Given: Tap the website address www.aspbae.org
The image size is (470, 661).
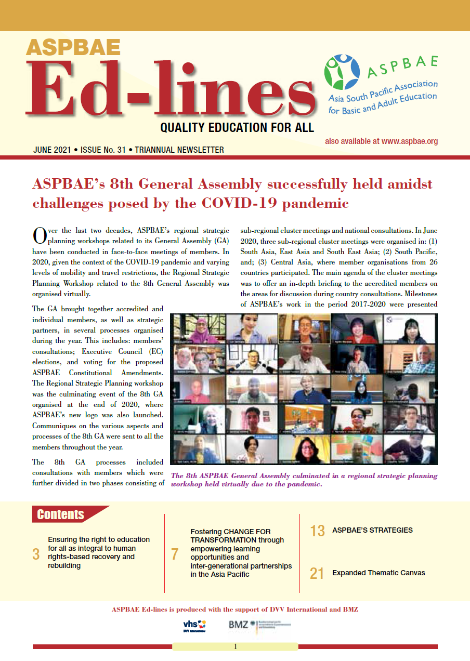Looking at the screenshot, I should [410, 141].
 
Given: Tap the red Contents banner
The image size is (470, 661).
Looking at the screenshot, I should [61, 514].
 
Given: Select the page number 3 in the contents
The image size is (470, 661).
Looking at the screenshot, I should [36, 554].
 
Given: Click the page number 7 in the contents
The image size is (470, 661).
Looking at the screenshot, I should [175, 554].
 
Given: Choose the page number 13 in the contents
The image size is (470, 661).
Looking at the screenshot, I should [317, 531].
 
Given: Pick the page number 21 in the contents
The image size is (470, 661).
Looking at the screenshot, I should [317, 573].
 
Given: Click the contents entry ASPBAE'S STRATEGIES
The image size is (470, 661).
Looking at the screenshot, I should [372, 531].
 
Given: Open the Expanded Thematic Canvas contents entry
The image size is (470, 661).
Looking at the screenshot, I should [378, 573].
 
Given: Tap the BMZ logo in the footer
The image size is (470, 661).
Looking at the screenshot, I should [239, 625].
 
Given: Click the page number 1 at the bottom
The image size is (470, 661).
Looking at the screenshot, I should [235, 647].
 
